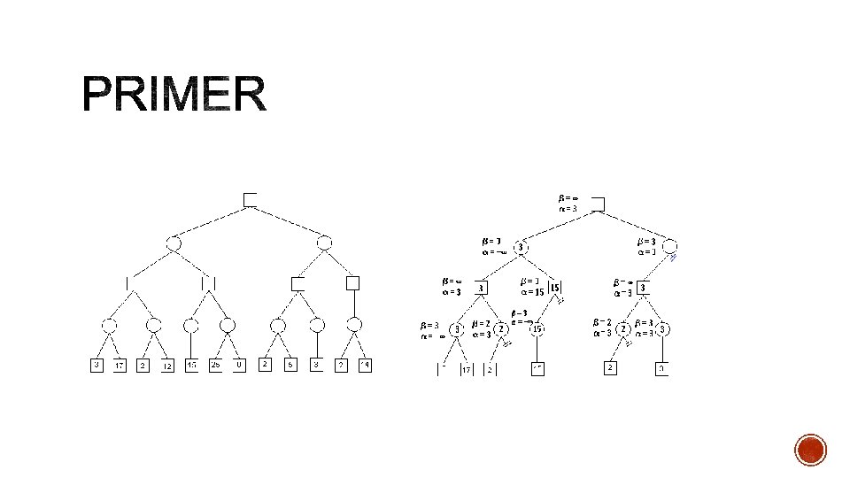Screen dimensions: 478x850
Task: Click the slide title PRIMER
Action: click(174, 96)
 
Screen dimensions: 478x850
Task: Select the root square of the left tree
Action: click(251, 200)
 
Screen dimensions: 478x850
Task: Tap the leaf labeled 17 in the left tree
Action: click(120, 365)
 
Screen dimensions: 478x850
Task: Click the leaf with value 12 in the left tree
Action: click(167, 365)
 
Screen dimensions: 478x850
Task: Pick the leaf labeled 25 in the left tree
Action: click(216, 365)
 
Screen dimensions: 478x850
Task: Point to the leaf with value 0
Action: click(239, 365)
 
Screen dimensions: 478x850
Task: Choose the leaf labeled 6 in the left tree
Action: click(289, 365)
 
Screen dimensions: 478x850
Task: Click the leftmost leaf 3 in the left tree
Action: click(97, 365)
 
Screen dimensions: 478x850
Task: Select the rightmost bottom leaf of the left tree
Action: click(364, 365)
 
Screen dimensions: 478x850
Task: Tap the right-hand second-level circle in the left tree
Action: click(324, 242)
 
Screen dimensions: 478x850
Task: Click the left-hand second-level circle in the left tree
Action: click(174, 242)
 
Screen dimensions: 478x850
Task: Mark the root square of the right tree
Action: click(599, 204)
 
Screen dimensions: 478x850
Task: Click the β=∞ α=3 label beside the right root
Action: click(568, 203)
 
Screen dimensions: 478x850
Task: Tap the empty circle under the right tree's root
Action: click(670, 247)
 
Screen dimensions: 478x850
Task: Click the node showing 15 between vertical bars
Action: click(555, 288)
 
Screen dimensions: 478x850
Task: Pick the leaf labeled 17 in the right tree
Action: click(466, 370)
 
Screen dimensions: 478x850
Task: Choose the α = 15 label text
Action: click(532, 293)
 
